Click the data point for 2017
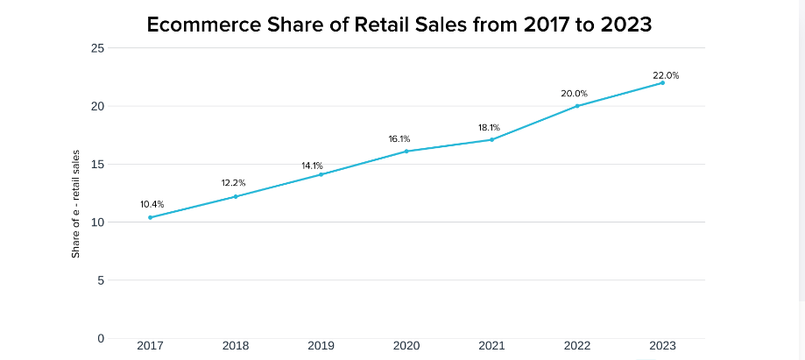click(x=150, y=217)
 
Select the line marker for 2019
click(x=321, y=174)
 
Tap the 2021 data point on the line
click(x=491, y=139)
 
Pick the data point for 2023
click(x=663, y=82)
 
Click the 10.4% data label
click(x=152, y=204)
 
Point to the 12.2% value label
click(x=233, y=183)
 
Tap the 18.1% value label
click(x=489, y=128)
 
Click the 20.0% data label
click(x=575, y=93)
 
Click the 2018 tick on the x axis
click(x=236, y=346)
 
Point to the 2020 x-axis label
click(x=406, y=346)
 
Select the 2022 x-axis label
click(x=577, y=346)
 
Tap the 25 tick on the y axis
click(x=98, y=48)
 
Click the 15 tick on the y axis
click(x=99, y=164)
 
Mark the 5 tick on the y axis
click(x=102, y=280)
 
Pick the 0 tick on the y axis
click(x=102, y=338)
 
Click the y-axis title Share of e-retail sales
click(x=76, y=203)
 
